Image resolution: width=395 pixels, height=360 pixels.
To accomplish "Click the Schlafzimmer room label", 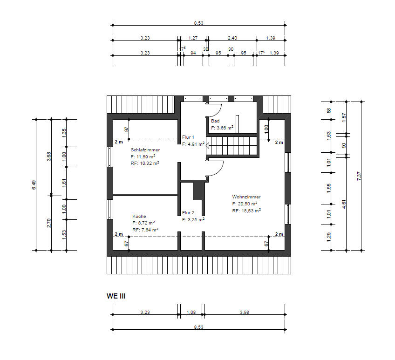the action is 145,149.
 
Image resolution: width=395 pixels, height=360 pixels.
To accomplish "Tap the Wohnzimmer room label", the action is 246,197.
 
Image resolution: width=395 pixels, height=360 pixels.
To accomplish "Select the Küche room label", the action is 139,216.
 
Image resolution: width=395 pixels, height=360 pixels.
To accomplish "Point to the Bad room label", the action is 215,121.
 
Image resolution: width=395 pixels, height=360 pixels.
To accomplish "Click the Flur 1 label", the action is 188,137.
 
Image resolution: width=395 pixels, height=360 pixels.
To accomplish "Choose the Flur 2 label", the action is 188,213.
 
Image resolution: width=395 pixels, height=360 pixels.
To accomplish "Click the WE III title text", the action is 116,296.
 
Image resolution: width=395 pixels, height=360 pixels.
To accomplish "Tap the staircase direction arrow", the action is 208,145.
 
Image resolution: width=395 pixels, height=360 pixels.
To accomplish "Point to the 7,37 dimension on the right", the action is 359,176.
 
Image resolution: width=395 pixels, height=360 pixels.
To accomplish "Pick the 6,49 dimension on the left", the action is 34,185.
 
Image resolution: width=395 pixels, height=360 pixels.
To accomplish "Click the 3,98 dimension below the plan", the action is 245,312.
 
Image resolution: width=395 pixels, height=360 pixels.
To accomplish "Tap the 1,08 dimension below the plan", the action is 191,312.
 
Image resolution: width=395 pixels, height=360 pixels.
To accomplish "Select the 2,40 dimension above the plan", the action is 232,38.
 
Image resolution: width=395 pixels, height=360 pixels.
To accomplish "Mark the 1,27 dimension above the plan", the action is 193,38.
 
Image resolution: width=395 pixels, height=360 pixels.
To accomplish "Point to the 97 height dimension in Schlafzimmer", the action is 126,129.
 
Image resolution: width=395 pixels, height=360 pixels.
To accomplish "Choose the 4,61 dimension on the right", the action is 344,204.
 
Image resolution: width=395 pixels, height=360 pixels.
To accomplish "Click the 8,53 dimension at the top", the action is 198,23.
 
